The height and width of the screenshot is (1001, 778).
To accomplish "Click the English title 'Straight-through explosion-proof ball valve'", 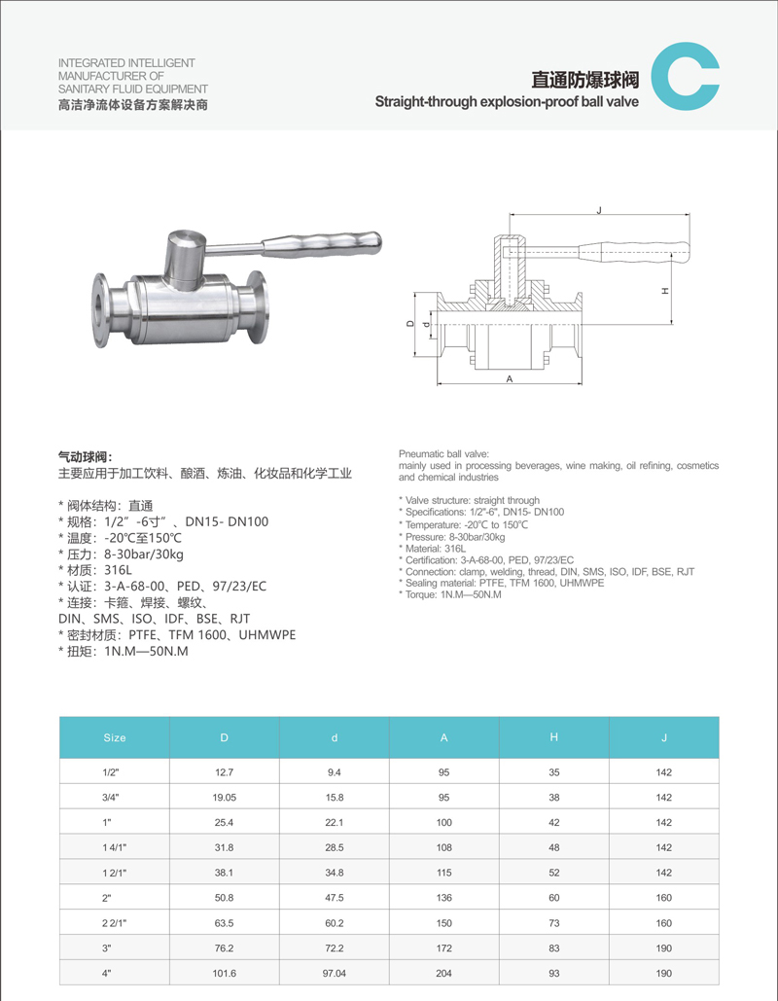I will tap(507, 101).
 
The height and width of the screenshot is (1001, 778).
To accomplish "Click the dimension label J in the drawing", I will tap(599, 209).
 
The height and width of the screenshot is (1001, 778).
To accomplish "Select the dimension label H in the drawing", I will tap(665, 290).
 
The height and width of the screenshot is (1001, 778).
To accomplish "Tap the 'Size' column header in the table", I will tap(115, 737).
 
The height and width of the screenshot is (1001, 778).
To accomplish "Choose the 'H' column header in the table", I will tap(554, 737).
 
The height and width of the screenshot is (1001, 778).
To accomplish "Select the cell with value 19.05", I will tap(225, 797).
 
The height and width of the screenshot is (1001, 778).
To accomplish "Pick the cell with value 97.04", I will tap(335, 974).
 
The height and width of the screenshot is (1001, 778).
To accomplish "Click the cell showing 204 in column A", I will tap(444, 974).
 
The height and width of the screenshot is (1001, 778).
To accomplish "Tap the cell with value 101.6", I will tap(225, 974).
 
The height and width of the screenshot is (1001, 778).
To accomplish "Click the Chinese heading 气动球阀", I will tap(86, 456).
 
